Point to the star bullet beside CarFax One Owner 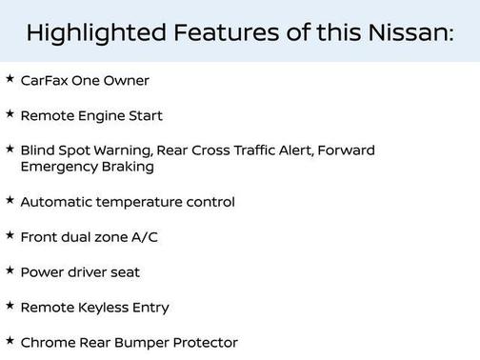(x=10, y=79)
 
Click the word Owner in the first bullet (x=128, y=81)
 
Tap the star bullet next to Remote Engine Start (x=10, y=114)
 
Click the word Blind (x=37, y=150)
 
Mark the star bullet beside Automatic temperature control (x=10, y=200)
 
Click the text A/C (x=143, y=237)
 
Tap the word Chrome (x=46, y=343)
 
